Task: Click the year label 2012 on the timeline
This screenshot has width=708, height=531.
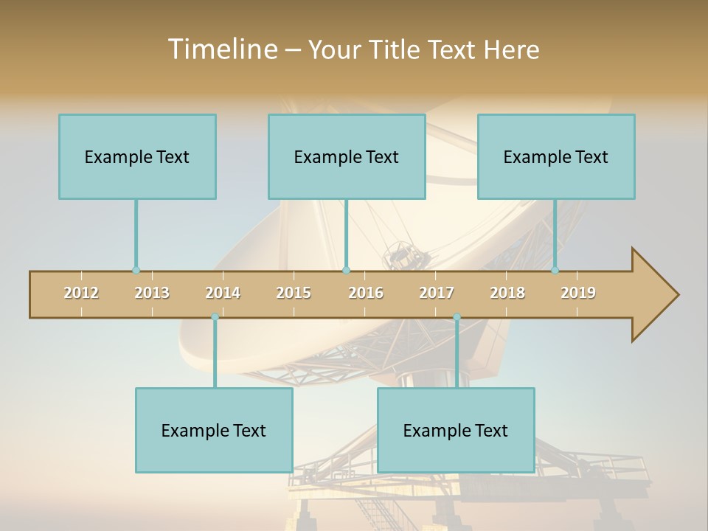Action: coord(81,293)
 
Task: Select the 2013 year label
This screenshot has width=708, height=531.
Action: coord(152,293)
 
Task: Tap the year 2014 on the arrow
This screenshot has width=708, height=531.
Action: coord(223,293)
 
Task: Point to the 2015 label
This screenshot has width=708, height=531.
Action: coord(294,293)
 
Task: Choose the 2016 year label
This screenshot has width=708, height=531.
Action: coord(366,293)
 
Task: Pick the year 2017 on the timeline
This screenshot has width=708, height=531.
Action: coord(437,293)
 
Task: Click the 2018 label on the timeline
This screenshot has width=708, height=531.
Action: coord(507,293)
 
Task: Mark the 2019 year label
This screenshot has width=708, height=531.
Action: coord(578,293)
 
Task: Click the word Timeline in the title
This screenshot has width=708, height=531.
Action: coord(222,49)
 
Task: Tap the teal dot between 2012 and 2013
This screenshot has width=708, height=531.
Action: coord(136,271)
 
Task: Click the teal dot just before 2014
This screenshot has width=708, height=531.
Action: coord(215,317)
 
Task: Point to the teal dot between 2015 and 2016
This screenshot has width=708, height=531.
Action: coord(346,271)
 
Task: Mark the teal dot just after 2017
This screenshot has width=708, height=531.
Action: coord(457,317)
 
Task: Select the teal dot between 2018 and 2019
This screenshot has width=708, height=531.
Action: coord(555,271)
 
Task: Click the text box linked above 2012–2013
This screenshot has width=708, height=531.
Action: coord(137,156)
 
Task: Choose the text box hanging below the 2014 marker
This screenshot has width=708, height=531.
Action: coord(214,430)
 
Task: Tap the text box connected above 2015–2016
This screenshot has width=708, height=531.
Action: coord(347,156)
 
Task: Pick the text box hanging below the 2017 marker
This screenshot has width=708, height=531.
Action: coord(456,430)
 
